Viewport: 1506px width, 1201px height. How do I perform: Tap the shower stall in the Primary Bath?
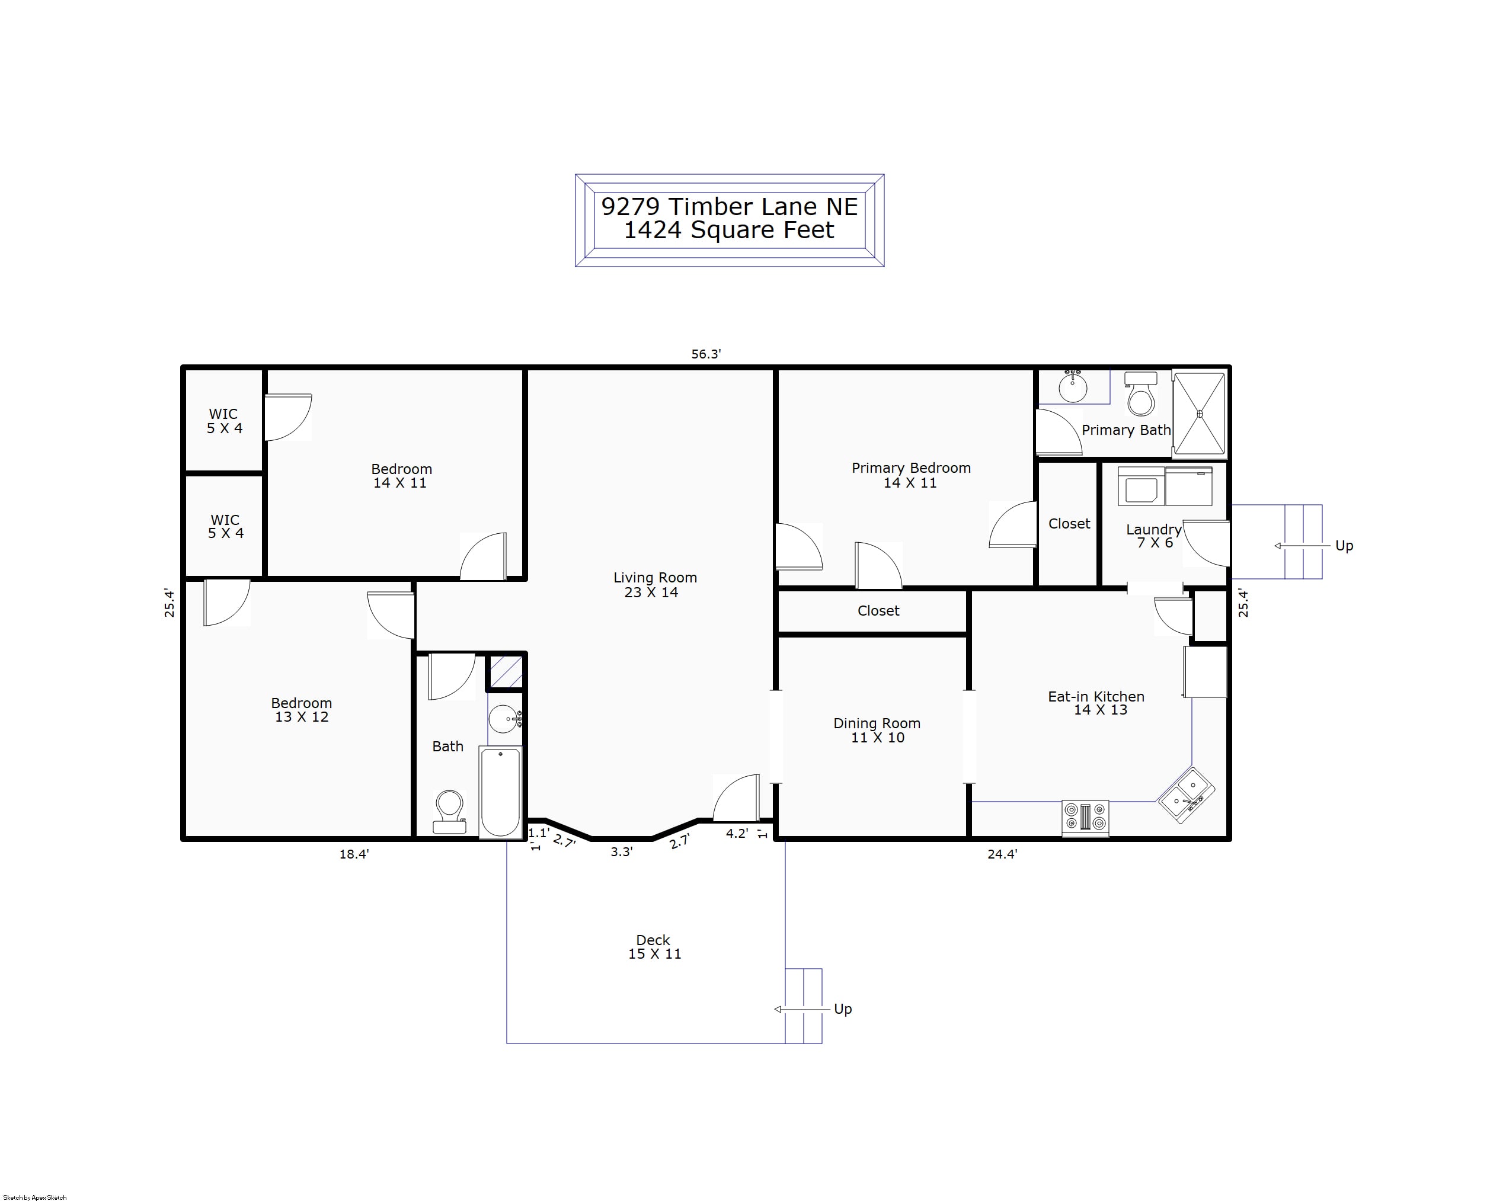1200,414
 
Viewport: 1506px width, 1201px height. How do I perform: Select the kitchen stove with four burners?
1085,817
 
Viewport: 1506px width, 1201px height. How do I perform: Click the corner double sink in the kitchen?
1187,795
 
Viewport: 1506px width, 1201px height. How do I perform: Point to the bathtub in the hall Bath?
500,792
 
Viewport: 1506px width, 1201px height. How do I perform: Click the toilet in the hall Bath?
449,811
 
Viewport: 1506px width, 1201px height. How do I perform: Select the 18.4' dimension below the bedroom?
354,854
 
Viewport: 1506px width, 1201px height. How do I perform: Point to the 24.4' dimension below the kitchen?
1002,854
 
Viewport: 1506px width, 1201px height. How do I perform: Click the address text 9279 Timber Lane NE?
729,207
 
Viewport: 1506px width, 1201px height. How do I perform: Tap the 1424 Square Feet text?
728,230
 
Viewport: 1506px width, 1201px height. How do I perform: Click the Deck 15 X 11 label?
654,947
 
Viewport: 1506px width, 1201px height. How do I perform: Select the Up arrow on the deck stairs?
804,1009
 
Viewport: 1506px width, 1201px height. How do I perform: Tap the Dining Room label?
877,731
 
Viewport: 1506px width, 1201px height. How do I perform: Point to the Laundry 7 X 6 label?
1154,536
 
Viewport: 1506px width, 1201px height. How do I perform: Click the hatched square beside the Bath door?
506,672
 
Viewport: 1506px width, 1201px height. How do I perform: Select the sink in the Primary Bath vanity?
1073,388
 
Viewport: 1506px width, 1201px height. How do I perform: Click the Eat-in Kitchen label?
1096,703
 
